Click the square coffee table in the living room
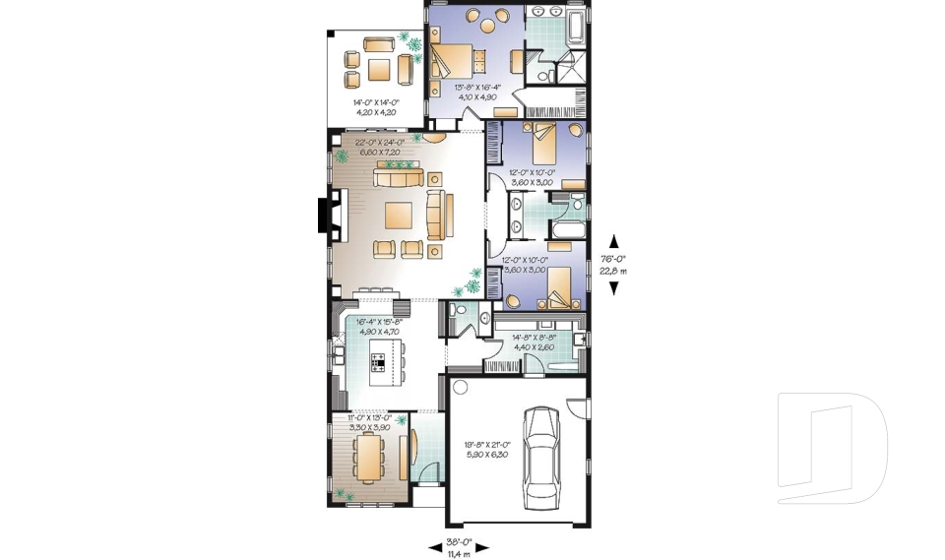(400, 215)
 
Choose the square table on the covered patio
(379, 68)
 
